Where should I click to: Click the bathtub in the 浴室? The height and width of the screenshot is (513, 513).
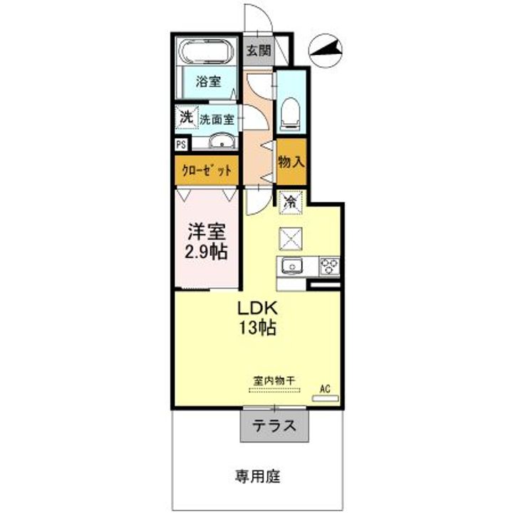[x=206, y=52]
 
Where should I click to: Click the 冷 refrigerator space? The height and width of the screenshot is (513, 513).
[x=291, y=202]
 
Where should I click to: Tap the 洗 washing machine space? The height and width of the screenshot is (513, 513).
[x=187, y=117]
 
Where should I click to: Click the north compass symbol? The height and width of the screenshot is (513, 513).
[x=325, y=50]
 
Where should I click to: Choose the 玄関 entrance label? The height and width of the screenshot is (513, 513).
[x=259, y=51]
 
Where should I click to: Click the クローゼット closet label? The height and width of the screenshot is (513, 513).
[x=207, y=170]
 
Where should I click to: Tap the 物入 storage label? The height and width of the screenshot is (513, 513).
[x=291, y=162]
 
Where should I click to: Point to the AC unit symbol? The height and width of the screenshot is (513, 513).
[x=325, y=398]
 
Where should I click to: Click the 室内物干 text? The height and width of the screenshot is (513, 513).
[x=274, y=380]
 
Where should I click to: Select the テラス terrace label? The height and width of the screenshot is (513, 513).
[x=274, y=425]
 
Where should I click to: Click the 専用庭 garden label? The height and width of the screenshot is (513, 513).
[x=258, y=477]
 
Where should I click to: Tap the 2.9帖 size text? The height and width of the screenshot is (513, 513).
[x=206, y=252]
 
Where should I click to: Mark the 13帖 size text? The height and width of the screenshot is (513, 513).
[x=258, y=328]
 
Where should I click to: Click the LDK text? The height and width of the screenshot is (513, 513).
[x=258, y=308]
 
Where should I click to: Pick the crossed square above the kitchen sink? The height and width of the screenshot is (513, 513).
[x=291, y=239]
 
